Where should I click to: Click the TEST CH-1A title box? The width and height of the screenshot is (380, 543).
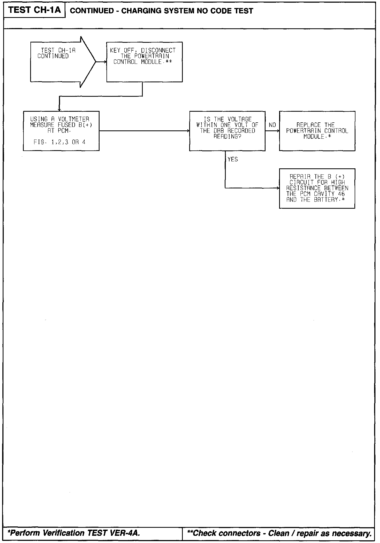pyautogui.click(x=34, y=10)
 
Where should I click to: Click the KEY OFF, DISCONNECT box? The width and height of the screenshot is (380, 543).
pyautogui.click(x=144, y=62)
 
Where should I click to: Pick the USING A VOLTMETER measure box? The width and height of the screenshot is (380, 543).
pyautogui.click(x=61, y=131)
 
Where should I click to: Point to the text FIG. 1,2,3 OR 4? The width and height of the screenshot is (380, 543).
pyautogui.click(x=60, y=142)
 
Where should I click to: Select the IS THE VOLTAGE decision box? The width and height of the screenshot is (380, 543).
pyautogui.click(x=227, y=131)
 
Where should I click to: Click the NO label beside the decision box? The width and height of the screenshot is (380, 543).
pyautogui.click(x=272, y=125)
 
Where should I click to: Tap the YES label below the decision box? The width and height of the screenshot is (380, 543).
pyautogui.click(x=233, y=160)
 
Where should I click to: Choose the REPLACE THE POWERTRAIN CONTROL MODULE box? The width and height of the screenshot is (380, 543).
pyautogui.click(x=317, y=131)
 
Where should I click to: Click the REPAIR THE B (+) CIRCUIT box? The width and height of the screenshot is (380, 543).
pyautogui.click(x=317, y=188)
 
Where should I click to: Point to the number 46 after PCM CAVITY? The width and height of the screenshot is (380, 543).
pyautogui.click(x=341, y=194)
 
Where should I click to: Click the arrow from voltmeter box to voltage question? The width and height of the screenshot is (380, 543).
pyautogui.click(x=144, y=131)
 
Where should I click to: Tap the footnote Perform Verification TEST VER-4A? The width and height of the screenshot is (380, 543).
pyautogui.click(x=74, y=533)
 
